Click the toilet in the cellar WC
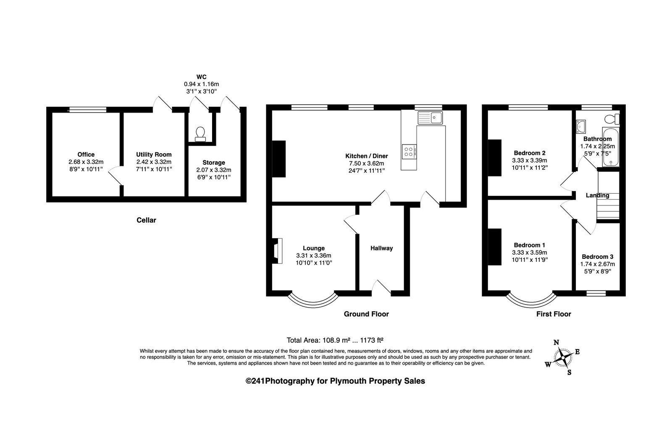200,134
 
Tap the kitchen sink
430,118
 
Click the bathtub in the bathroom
611,147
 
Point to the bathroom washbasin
580,126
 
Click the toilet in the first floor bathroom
612,119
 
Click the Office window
87,110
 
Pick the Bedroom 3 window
596,293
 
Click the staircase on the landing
608,206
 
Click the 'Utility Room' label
154,155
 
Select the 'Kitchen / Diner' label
367,156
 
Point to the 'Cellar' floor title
147,220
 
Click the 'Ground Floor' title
366,314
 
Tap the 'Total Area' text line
335,340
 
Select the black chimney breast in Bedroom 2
494,158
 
